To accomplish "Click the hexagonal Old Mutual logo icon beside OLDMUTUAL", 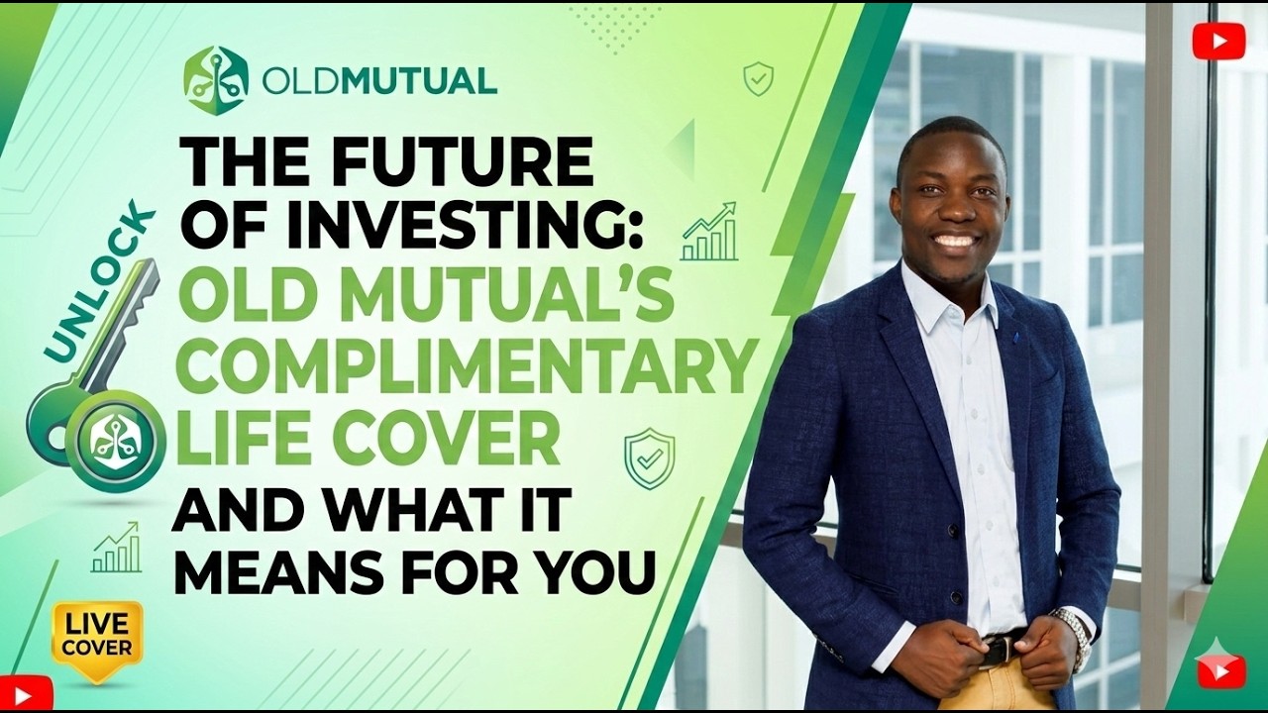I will (x=215, y=80).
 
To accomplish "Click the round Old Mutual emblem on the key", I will (x=115, y=442).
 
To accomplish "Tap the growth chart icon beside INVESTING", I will (x=709, y=233).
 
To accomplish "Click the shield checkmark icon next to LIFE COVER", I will (x=649, y=458).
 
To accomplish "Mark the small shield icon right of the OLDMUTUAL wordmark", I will (x=758, y=78).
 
